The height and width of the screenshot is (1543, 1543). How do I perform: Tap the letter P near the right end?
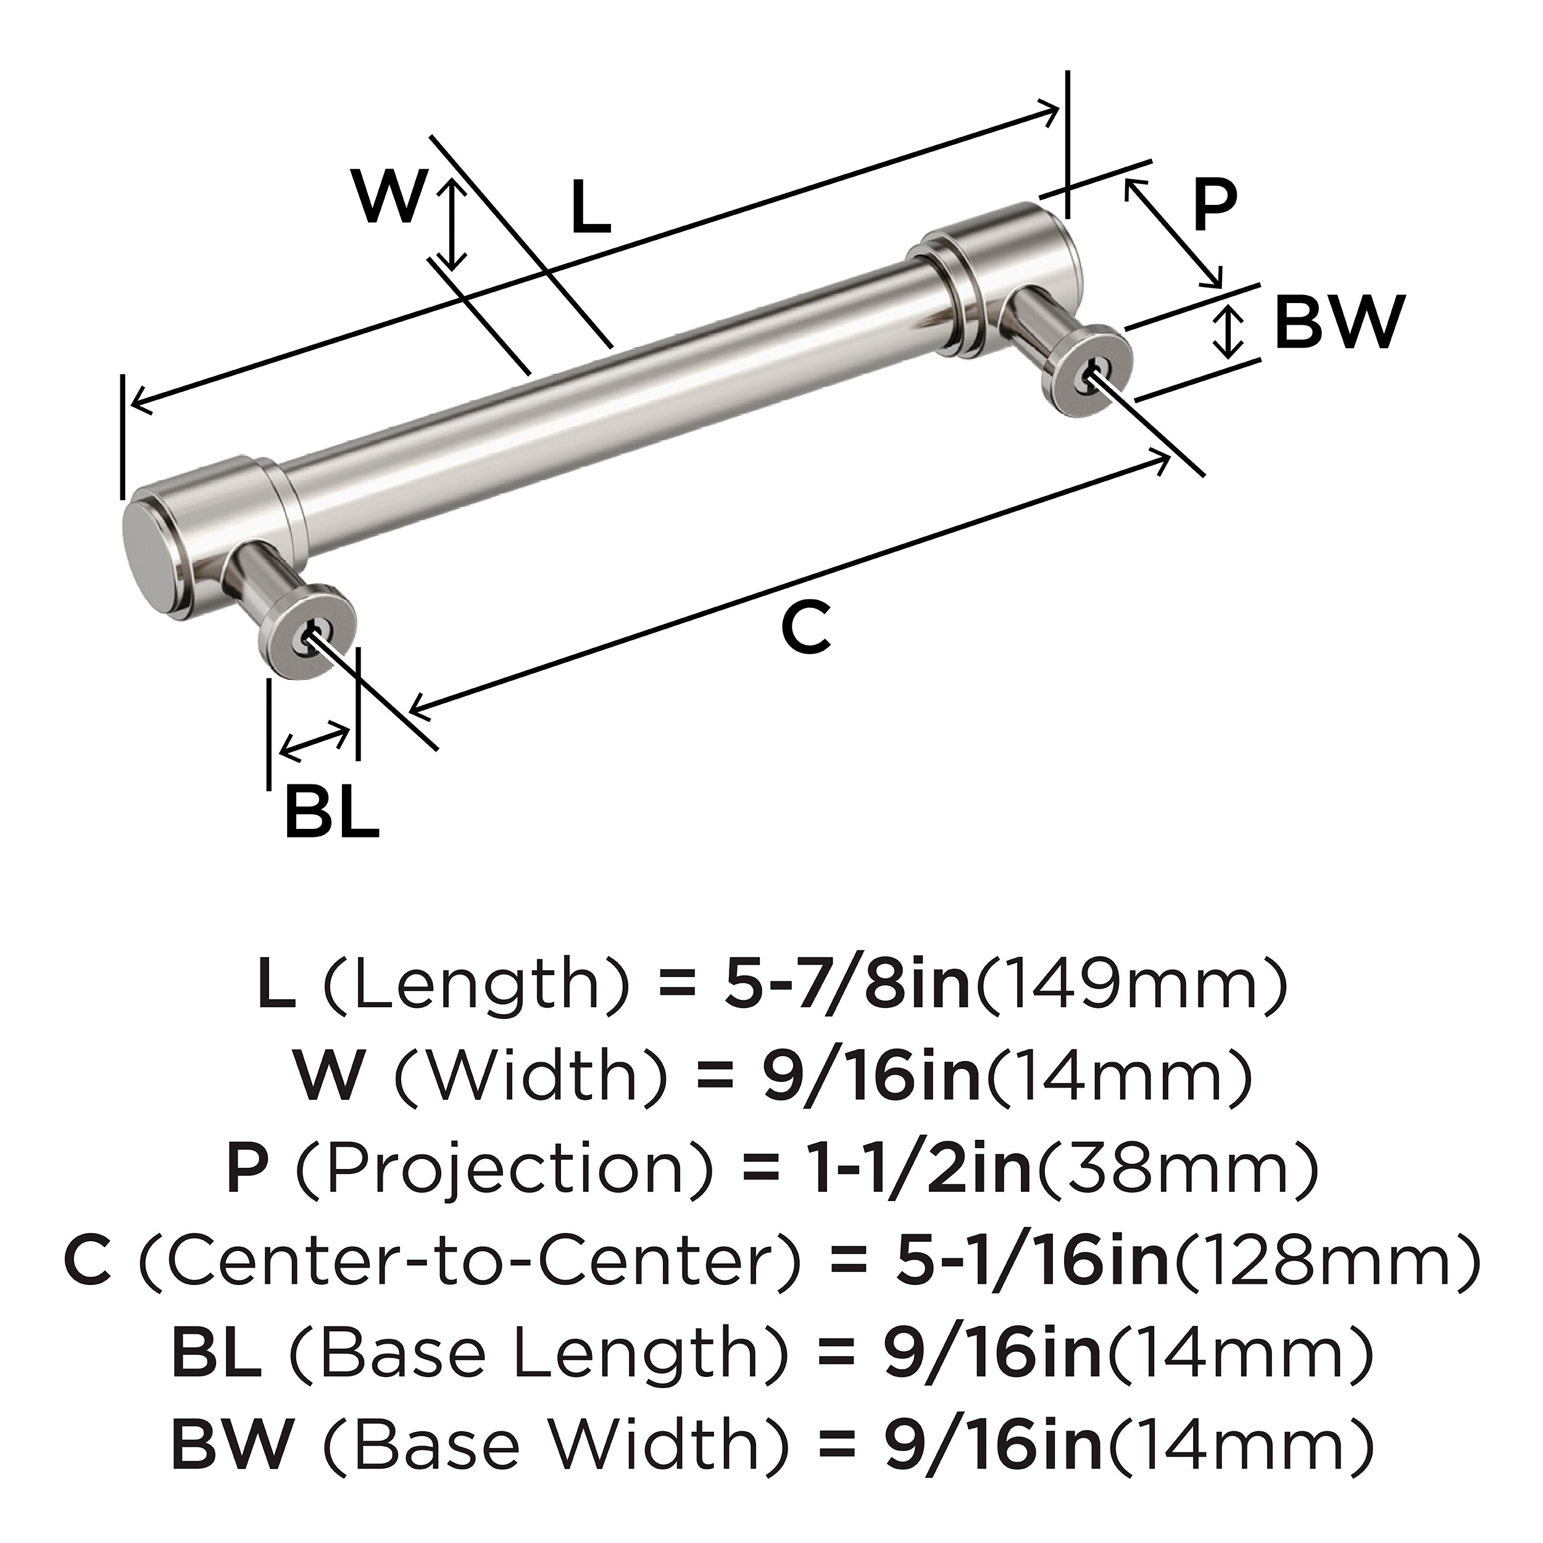[1215, 206]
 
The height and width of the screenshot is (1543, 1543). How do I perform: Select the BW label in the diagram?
[1339, 323]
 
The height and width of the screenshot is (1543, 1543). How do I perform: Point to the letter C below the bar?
[807, 628]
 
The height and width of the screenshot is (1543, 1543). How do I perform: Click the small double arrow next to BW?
[1228, 333]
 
